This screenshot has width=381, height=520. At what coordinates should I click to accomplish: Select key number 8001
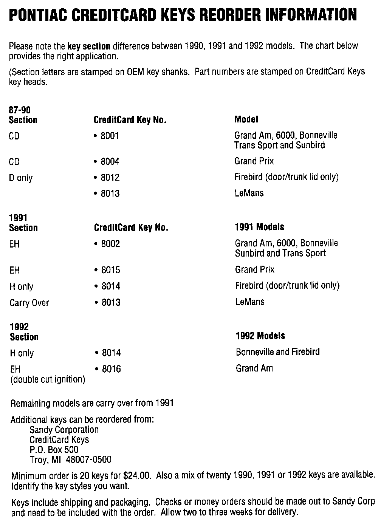(x=110, y=136)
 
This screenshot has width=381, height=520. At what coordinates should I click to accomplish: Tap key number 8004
(x=110, y=162)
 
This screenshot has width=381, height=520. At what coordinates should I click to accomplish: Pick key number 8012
(x=110, y=178)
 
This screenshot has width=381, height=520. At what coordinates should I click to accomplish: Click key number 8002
(x=110, y=244)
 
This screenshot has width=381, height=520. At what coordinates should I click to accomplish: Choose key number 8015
(x=110, y=270)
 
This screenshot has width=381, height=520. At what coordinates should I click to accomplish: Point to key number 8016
(x=111, y=369)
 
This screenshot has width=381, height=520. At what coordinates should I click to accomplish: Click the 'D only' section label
(x=21, y=178)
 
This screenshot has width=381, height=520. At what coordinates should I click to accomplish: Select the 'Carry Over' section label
(x=29, y=303)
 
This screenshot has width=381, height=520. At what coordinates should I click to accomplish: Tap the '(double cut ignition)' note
(x=48, y=379)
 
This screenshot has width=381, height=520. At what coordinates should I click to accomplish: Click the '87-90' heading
(x=20, y=110)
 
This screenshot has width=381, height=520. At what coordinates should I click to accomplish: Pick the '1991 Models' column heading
(x=259, y=227)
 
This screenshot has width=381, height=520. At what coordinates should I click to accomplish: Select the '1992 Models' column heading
(x=260, y=336)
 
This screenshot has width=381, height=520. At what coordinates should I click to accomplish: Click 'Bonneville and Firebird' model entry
(x=278, y=352)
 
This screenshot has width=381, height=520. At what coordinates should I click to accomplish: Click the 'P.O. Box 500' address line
(x=54, y=450)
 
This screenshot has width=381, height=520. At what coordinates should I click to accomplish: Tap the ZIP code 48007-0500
(x=88, y=460)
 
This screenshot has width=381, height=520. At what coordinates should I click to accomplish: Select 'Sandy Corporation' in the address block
(x=64, y=430)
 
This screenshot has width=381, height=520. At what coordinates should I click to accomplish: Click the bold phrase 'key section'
(x=89, y=46)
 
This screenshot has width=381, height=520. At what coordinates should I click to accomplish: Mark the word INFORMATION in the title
(x=311, y=15)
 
